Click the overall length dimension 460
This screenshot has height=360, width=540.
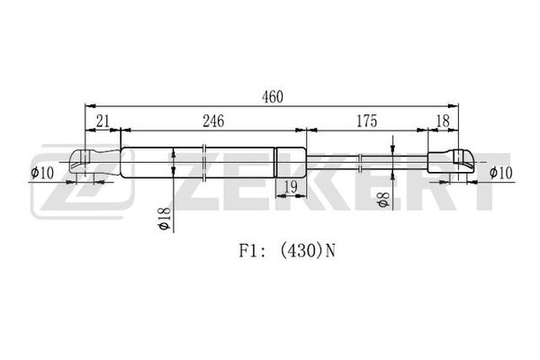point(273,97)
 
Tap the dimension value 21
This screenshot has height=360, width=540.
point(103,121)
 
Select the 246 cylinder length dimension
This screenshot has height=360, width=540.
point(213,121)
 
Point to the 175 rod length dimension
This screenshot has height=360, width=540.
point(367,121)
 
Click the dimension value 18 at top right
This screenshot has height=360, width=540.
point(443,121)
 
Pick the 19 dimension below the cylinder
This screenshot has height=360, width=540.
point(291,187)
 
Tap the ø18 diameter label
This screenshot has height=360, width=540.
point(165,219)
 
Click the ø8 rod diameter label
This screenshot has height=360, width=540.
point(383,200)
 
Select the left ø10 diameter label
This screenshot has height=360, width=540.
point(42,173)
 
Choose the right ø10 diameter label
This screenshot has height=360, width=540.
point(501,173)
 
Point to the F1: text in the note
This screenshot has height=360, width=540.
point(252,251)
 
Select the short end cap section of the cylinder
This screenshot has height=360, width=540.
point(291,162)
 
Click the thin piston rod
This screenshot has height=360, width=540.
point(367,162)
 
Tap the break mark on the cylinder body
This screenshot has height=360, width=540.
point(204,162)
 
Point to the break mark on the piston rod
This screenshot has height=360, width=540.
point(359,162)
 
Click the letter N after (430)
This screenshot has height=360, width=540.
point(330,251)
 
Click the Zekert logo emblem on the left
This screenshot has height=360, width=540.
point(82,182)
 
